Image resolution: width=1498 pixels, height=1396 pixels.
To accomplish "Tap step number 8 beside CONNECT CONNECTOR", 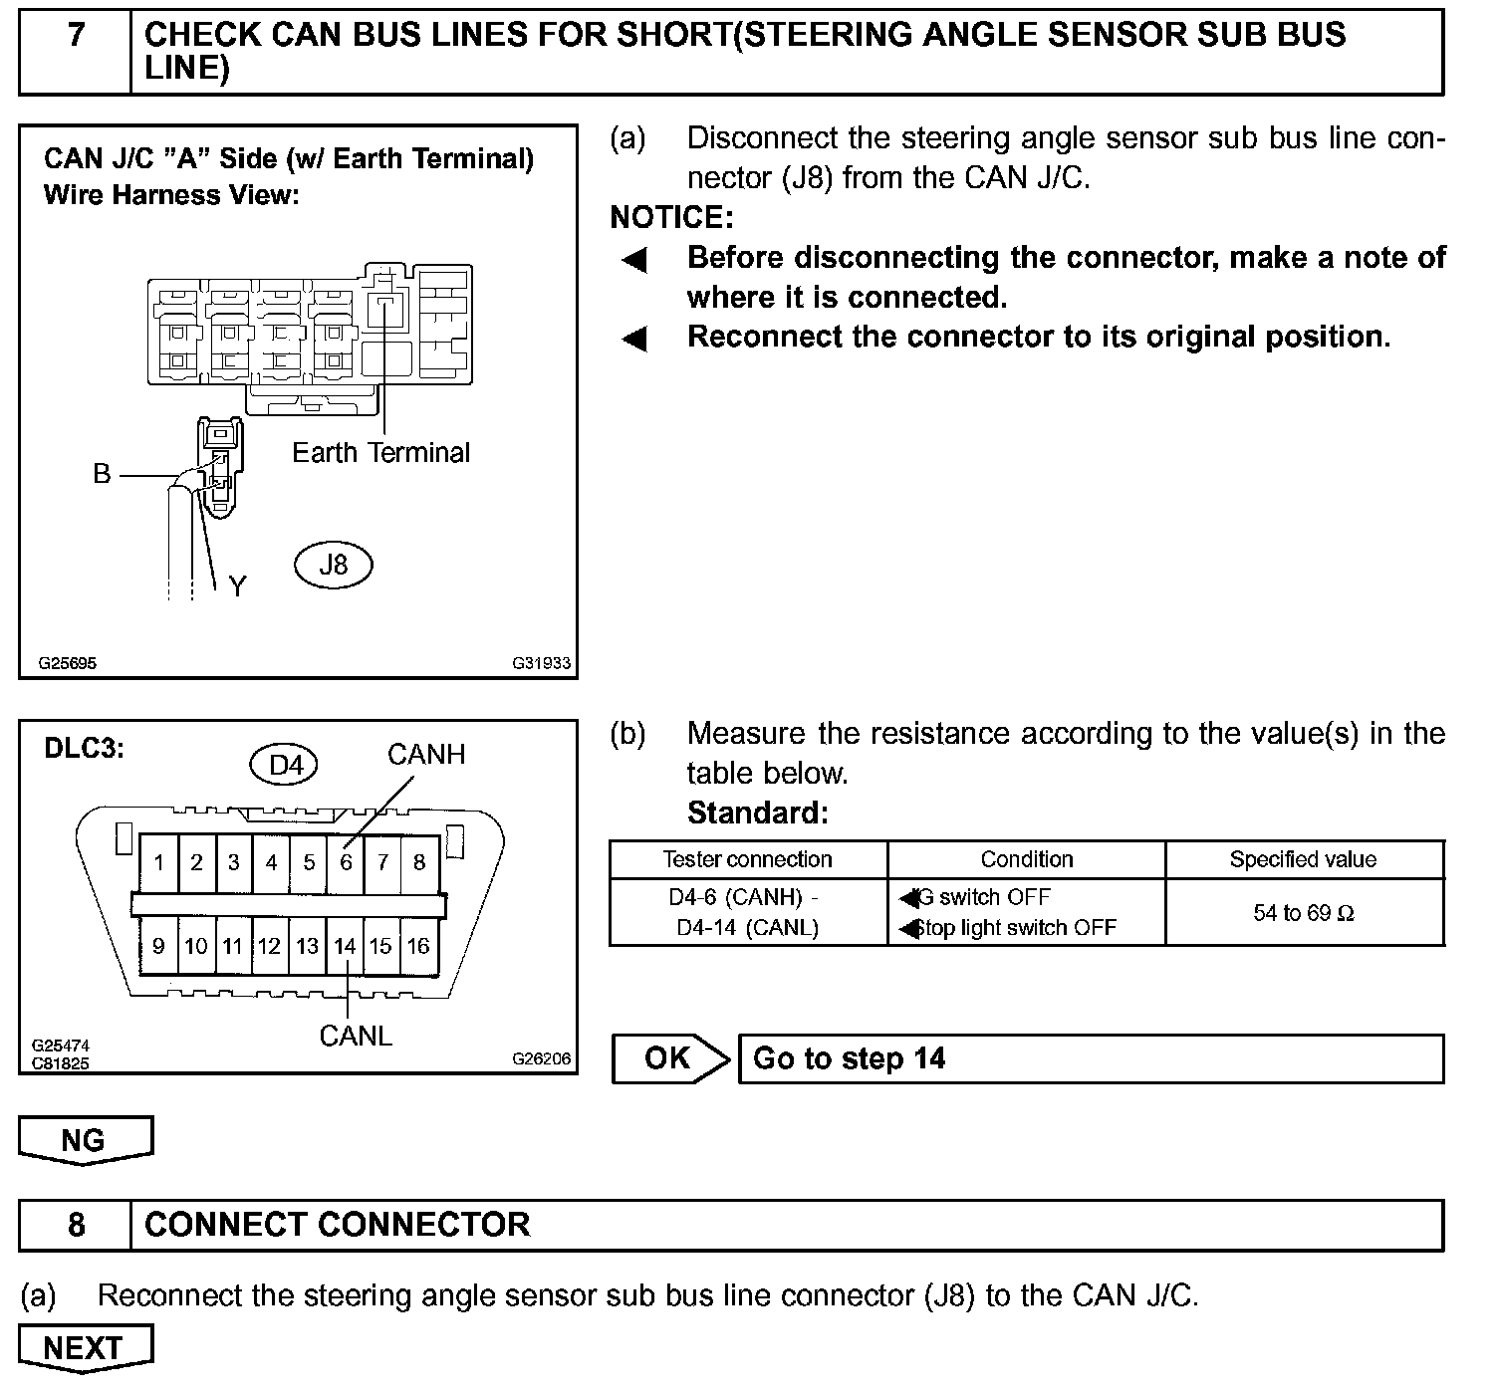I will click(76, 1224).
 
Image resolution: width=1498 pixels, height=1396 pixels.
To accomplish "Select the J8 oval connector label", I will click(333, 565).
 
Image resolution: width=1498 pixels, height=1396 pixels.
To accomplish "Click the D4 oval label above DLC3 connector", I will click(285, 765).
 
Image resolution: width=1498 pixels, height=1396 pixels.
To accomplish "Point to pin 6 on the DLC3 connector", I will click(346, 861).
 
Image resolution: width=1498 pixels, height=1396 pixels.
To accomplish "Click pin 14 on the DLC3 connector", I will click(345, 945).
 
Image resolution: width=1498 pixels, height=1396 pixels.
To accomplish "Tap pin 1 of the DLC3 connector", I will click(159, 861).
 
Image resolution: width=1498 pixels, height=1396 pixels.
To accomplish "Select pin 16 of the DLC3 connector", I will click(418, 945).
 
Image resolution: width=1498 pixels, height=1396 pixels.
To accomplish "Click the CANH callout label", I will click(426, 755).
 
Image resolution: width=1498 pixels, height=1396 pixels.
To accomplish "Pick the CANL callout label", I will click(356, 1037).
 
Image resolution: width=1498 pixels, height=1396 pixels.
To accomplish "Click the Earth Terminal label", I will click(380, 453).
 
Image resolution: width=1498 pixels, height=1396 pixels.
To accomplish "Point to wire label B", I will click(102, 474).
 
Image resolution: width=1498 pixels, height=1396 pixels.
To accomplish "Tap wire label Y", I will click(237, 586).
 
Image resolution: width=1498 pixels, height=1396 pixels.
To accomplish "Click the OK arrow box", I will click(668, 1057).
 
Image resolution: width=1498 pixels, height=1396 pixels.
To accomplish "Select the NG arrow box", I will click(84, 1140).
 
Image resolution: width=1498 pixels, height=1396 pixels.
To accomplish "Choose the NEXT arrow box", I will click(84, 1348).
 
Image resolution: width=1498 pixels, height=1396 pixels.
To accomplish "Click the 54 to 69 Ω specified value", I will click(1303, 913).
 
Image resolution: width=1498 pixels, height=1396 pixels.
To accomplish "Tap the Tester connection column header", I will click(747, 859).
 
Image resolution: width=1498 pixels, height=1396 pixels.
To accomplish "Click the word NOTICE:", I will click(671, 217).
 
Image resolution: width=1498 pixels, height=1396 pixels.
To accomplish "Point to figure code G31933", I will click(542, 663).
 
